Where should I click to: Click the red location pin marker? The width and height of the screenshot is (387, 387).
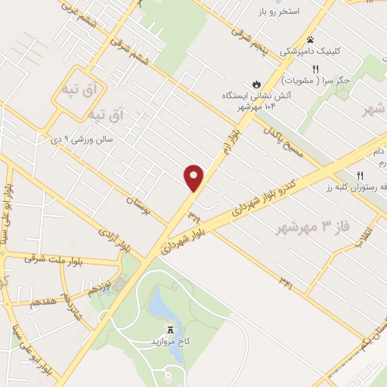click(x=194, y=178)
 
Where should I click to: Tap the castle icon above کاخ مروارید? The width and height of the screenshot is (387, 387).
click(x=172, y=330)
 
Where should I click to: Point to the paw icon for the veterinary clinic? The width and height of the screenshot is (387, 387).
click(x=309, y=40)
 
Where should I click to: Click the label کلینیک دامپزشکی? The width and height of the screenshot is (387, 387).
click(x=309, y=52)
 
